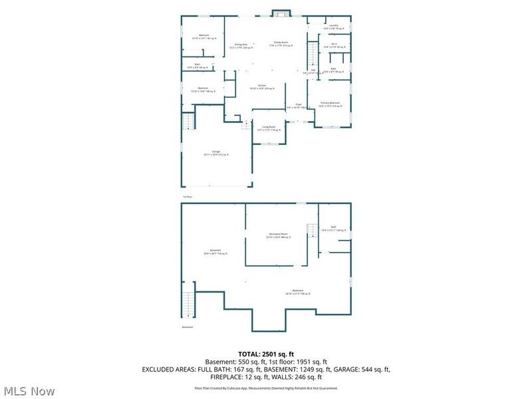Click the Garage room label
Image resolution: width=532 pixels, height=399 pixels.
pyautogui.click(x=216, y=153)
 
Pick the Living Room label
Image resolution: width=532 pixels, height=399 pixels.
pyautogui.click(x=269, y=128)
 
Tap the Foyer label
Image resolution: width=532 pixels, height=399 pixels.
pyautogui.click(x=299, y=105)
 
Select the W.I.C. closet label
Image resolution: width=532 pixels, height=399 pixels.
pyautogui.click(x=334, y=46)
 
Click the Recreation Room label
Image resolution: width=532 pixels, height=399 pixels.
pyautogui.click(x=279, y=235)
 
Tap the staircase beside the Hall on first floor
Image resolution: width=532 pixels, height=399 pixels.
pyautogui.click(x=311, y=53)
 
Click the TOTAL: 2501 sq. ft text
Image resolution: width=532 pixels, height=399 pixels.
pyautogui.click(x=265, y=354)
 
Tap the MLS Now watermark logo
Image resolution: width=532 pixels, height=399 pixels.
pyautogui.click(x=30, y=391)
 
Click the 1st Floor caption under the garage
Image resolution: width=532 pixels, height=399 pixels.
pyautogui.click(x=188, y=197)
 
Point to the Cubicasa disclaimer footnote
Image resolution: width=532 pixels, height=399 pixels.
pyautogui.click(x=265, y=388)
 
